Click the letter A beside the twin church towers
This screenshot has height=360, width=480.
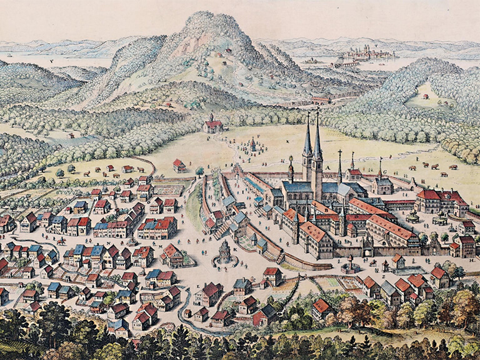point(324,164)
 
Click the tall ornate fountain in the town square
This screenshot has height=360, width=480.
point(224,253)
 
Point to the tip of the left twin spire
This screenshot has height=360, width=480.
point(307,115)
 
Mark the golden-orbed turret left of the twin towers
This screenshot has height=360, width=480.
point(291,164)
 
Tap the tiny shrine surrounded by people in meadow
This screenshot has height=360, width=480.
point(253,144)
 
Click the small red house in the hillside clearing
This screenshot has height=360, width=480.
point(426,96)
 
